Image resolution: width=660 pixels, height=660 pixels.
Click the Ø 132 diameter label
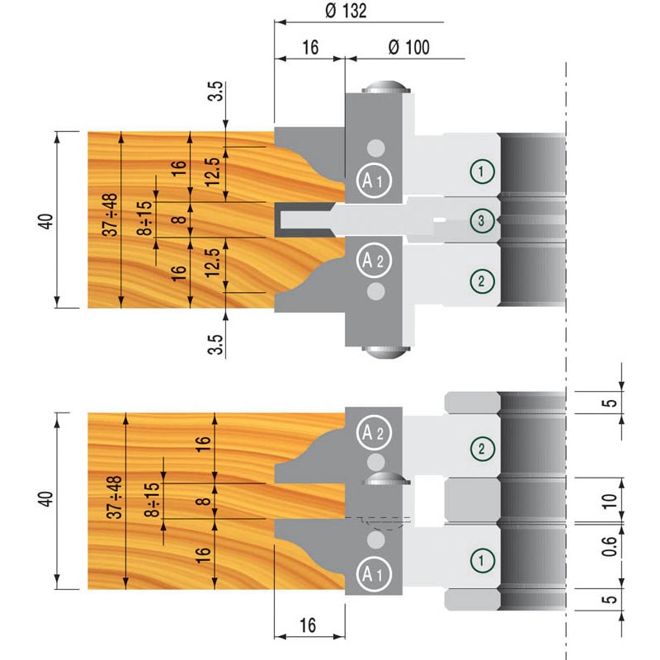tap(346, 11)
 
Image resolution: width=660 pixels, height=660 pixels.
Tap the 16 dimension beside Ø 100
tap(309, 46)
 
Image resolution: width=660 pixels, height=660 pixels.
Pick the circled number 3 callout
tap(480, 219)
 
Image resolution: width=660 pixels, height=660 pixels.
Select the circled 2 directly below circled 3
tap(480, 280)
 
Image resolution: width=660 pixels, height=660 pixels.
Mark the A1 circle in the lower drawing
tap(369, 572)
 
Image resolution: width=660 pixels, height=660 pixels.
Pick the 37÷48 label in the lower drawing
tap(114, 497)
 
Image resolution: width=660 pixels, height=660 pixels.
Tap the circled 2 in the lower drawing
tap(480, 449)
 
